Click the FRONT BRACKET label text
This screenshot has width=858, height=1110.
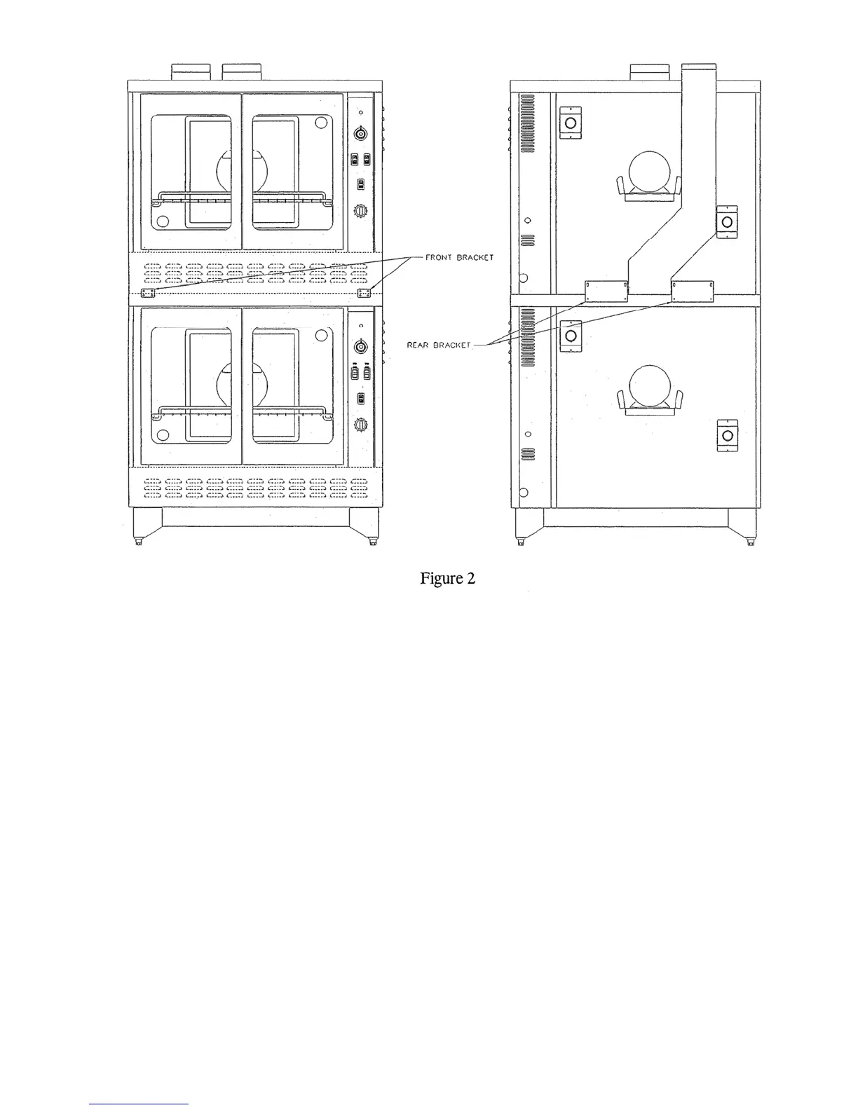pos(459,258)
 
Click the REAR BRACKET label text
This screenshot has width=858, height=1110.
pos(438,345)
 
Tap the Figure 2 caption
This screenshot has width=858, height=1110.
pos(447,578)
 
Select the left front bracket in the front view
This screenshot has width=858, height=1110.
pos(148,292)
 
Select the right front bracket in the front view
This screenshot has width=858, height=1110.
pos(364,292)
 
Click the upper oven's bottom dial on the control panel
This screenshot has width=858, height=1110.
pos(361,211)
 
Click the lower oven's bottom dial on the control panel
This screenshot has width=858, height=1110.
pos(361,424)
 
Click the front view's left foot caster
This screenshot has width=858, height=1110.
pos(138,542)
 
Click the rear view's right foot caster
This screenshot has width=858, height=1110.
pos(751,542)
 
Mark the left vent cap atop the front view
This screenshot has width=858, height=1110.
pos(191,71)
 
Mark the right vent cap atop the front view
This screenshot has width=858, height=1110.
pos(241,71)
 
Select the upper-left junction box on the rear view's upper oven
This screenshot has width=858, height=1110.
pos(570,123)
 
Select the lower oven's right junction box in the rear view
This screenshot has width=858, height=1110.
pos(727,436)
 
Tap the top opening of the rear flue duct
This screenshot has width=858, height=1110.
pos(699,67)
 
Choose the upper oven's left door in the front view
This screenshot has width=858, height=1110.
pos(191,171)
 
